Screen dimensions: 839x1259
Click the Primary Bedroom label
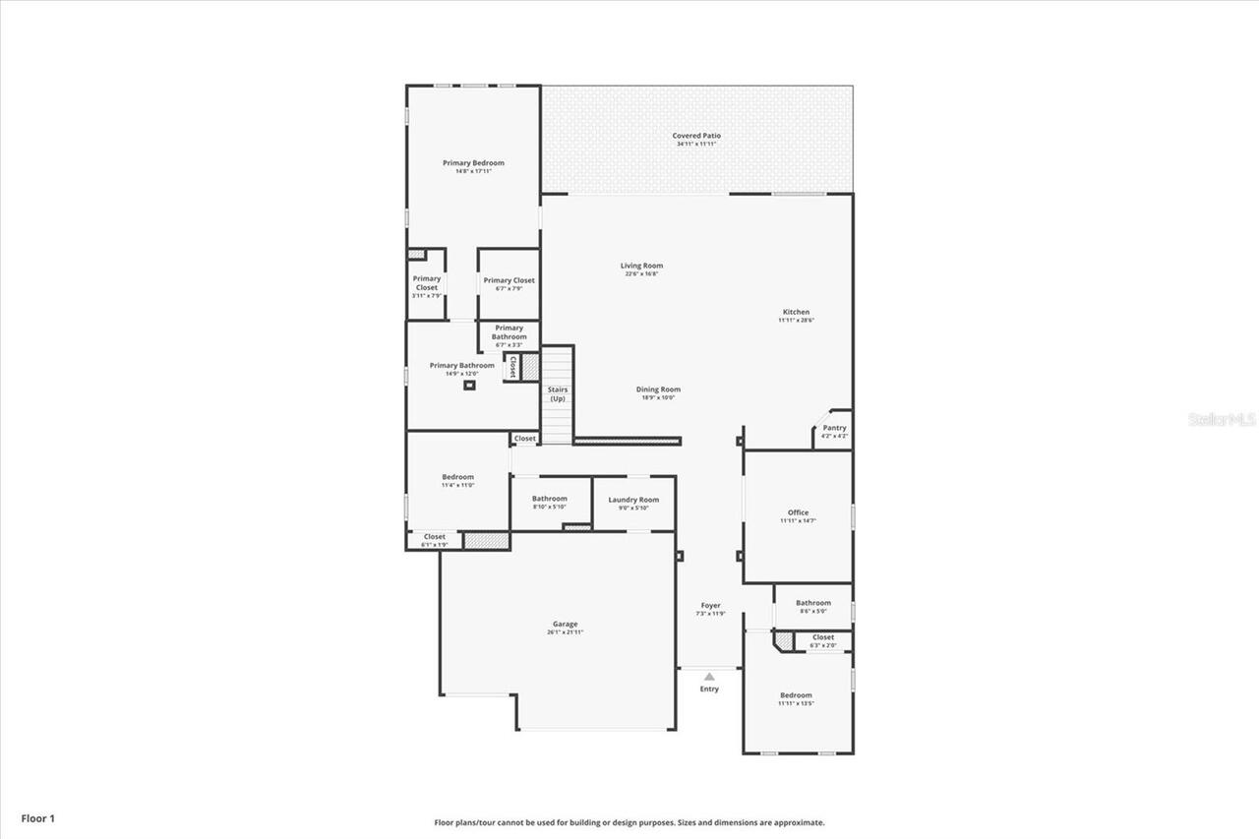[x=473, y=162]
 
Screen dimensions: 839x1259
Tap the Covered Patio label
[x=696, y=136]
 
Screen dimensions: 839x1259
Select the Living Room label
[x=641, y=266]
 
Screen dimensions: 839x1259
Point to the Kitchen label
[x=796, y=312]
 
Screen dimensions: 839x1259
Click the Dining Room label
[x=661, y=390]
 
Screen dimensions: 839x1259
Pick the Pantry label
[x=834, y=428]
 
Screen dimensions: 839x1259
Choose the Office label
[x=798, y=512]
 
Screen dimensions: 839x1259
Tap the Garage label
[x=565, y=624]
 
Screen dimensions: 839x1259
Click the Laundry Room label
[x=633, y=500]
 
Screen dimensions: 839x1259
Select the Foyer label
[x=710, y=606]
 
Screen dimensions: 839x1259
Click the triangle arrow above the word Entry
[x=709, y=677]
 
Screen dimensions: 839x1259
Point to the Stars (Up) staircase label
[x=558, y=393]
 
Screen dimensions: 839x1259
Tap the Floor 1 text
[x=39, y=817]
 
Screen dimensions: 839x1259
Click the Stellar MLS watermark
[x=1222, y=419]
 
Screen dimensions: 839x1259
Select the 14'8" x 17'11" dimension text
[x=473, y=171]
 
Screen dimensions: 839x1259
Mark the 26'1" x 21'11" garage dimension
[x=565, y=632]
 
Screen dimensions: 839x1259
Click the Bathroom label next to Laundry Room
[x=550, y=499]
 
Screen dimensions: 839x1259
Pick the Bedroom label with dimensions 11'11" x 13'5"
[x=797, y=695]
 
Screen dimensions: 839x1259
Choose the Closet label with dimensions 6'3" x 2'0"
[x=823, y=637]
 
